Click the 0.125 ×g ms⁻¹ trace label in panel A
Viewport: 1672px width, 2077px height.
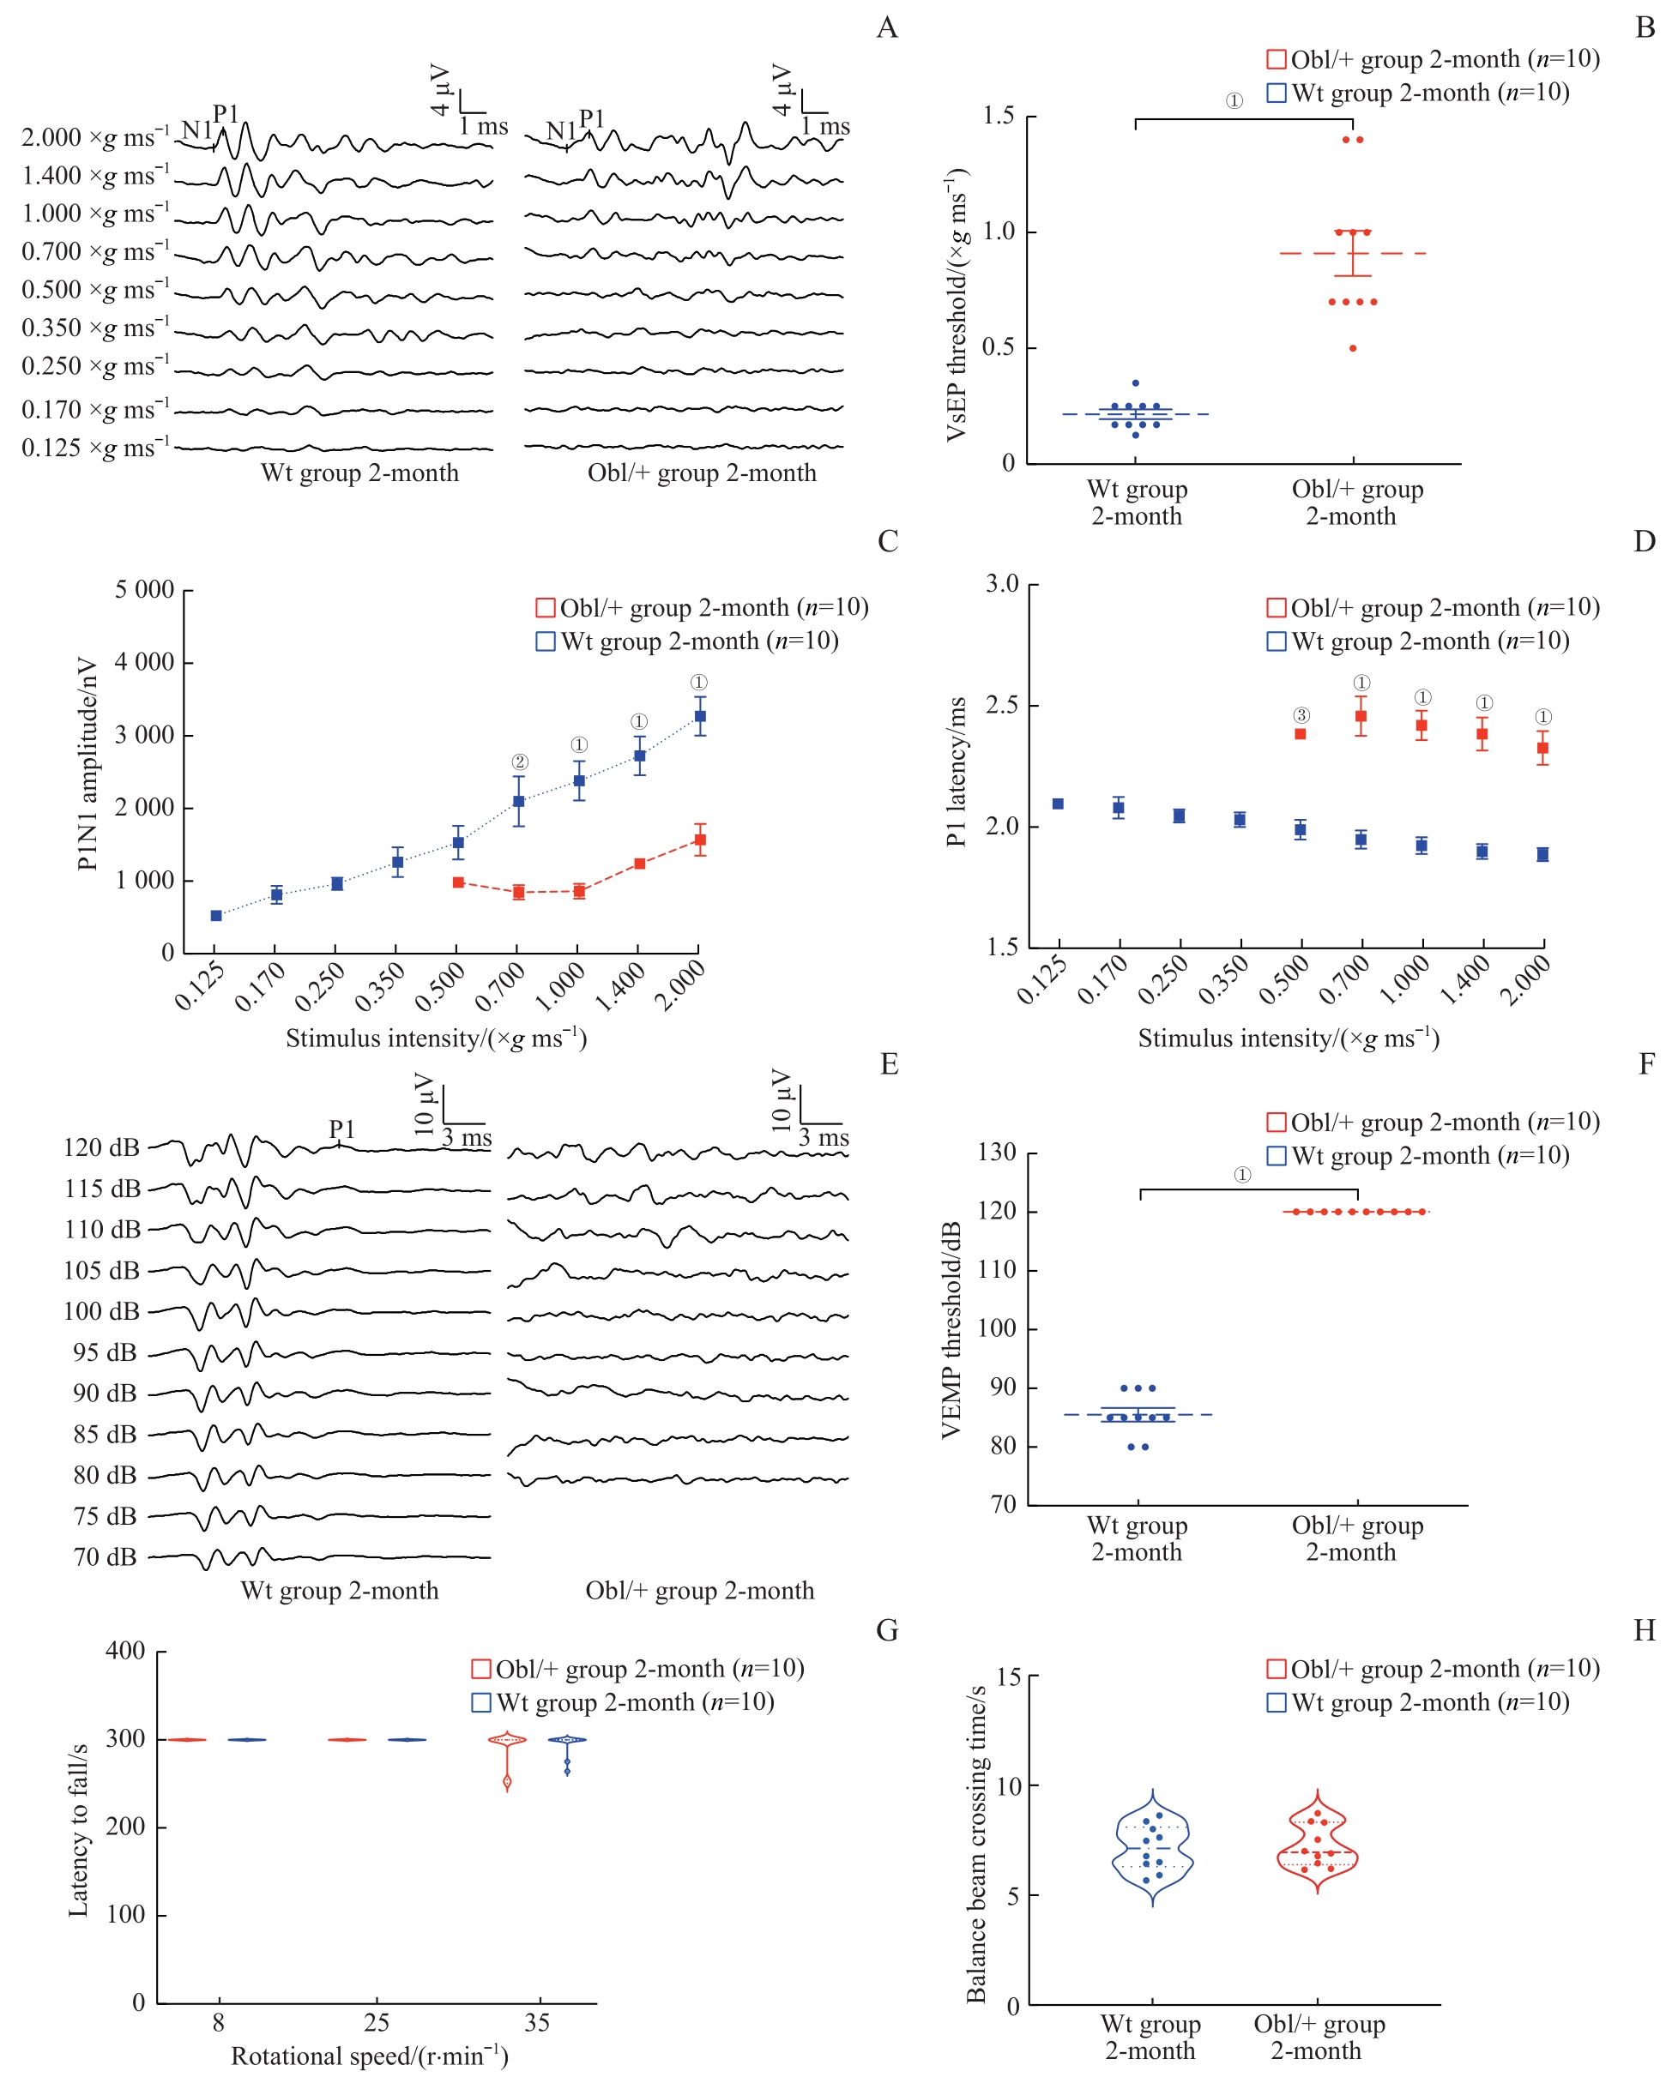tap(95, 449)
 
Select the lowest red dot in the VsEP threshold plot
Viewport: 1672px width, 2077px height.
tap(1353, 348)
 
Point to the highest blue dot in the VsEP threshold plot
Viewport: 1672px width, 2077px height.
tap(1135, 383)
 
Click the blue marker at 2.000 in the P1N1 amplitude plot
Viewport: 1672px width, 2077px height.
tap(700, 716)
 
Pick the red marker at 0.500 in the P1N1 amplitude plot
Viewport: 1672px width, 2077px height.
tap(459, 882)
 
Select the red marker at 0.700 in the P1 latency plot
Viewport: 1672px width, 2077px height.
tap(1361, 716)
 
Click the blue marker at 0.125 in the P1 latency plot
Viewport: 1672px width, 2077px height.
tap(1058, 804)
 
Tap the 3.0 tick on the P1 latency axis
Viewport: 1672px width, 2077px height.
tap(1002, 584)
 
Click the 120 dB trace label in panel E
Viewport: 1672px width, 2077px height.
tap(101, 1147)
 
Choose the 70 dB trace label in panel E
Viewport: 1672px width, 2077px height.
tap(105, 1556)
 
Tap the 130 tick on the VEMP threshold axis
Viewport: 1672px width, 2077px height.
tap(997, 1153)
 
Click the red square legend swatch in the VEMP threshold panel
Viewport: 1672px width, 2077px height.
tap(1276, 1123)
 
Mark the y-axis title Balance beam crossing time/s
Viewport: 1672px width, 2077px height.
tap(976, 1843)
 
